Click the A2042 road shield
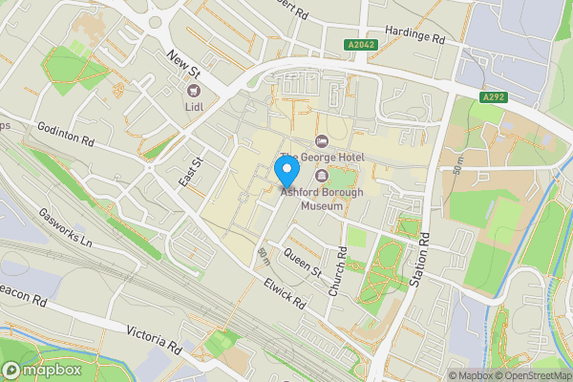(x=361, y=45)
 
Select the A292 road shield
(x=493, y=97)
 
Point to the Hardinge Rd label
(x=414, y=35)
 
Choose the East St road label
(x=187, y=173)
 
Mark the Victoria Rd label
(x=153, y=335)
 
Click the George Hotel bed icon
(x=320, y=142)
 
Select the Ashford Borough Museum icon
(x=320, y=177)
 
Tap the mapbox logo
(x=39, y=370)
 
